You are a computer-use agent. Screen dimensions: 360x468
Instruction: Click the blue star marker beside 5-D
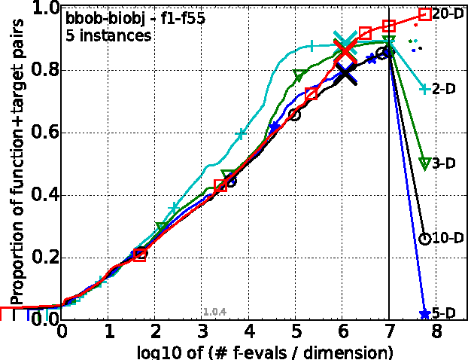(424, 313)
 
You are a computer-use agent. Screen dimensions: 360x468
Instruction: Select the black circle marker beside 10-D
(424, 239)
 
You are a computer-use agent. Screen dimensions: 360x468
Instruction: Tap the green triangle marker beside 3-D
(424, 163)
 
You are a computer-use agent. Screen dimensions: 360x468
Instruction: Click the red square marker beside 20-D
(424, 14)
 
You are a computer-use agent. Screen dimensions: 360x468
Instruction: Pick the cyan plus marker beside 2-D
(424, 89)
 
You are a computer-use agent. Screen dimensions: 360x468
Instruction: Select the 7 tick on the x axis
(389, 332)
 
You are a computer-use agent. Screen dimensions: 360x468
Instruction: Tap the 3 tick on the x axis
(202, 332)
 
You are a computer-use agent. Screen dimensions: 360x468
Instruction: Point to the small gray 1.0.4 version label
(214, 311)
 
